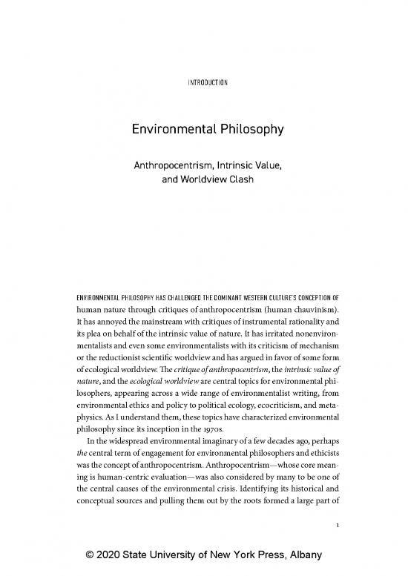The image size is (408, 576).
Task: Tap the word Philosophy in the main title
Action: pyautogui.click(x=247, y=130)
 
